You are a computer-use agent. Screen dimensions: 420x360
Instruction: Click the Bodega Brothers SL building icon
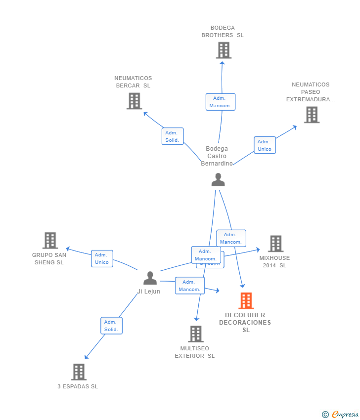[224, 50]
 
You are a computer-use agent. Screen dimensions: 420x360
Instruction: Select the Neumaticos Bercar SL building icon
[134, 101]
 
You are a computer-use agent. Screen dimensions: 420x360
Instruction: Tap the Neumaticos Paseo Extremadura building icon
[312, 115]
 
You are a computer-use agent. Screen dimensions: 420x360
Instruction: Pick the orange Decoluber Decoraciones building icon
[246, 300]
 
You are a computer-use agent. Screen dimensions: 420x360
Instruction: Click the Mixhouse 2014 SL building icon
[275, 244]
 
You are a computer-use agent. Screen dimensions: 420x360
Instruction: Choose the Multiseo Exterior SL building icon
[196, 334]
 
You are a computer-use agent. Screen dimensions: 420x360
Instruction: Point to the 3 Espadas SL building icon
[79, 372]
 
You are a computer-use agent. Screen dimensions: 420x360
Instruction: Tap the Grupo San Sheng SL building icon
[50, 241]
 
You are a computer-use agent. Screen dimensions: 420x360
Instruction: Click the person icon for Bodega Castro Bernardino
[218, 180]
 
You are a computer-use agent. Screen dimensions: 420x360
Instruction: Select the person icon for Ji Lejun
[150, 278]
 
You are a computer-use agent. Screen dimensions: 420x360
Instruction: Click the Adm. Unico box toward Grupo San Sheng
[102, 258]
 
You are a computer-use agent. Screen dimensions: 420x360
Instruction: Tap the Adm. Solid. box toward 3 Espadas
[111, 326]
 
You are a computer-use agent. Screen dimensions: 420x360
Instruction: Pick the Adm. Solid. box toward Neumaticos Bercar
[172, 136]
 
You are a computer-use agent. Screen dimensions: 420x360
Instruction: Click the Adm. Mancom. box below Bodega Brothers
[220, 102]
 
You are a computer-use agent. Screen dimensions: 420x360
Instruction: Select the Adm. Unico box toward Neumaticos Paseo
[265, 145]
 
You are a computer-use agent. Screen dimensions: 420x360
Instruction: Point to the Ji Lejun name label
[149, 292]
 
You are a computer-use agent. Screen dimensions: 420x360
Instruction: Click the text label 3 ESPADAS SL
[78, 386]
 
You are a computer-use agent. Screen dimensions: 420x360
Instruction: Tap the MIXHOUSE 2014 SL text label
[274, 261]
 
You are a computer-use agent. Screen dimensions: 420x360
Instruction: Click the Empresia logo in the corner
[340, 415]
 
